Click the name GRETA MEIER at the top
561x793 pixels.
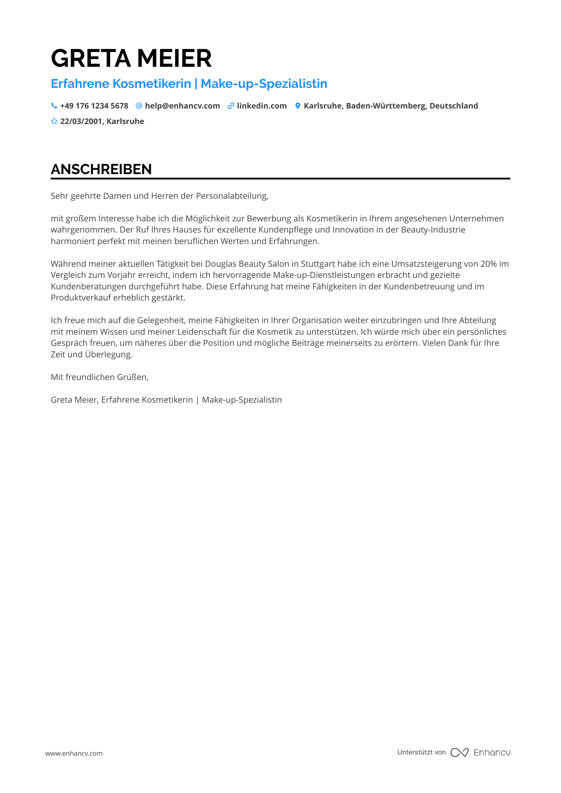click(131, 58)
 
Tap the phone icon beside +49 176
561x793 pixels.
click(54, 106)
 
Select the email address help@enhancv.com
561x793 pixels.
click(182, 106)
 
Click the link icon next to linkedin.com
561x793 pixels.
click(231, 106)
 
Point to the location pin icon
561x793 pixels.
click(298, 106)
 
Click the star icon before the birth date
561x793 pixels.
click(54, 121)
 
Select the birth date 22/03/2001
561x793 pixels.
click(82, 121)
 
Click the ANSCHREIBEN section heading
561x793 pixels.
click(101, 169)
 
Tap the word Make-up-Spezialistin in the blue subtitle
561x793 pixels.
click(264, 84)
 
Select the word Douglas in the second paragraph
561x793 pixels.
click(220, 264)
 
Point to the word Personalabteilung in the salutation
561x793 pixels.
click(232, 196)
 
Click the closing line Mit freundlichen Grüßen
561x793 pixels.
click(99, 377)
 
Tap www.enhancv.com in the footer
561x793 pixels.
click(74, 753)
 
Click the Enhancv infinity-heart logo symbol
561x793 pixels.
click(460, 752)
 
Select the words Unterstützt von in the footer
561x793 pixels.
click(421, 752)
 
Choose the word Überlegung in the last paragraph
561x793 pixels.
click(108, 355)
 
